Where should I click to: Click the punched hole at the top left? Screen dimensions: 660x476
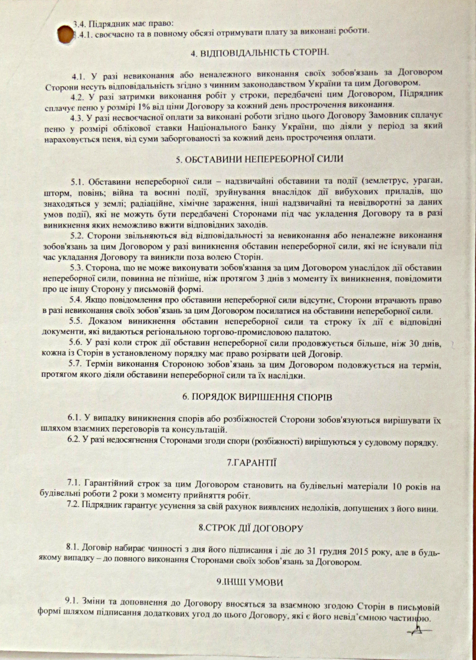click(x=65, y=35)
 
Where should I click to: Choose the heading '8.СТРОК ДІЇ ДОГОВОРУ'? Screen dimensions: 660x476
click(x=251, y=528)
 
